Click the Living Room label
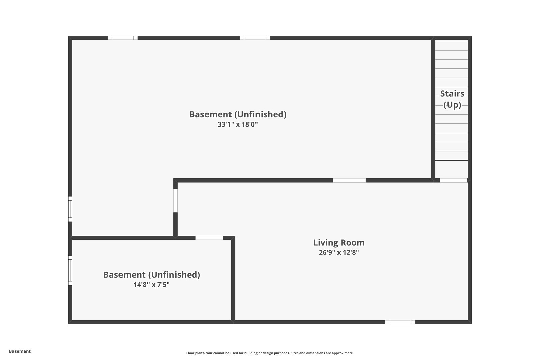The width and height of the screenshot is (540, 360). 339,242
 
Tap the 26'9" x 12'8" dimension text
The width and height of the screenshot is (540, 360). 339,252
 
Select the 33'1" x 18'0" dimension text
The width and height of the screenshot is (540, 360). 238,124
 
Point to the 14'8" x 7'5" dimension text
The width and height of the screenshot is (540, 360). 152,284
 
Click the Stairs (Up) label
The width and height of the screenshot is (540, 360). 452,99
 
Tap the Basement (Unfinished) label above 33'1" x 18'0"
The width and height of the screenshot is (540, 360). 238,114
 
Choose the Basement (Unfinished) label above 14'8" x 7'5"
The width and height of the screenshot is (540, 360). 152,275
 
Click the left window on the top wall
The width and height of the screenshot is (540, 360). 123,38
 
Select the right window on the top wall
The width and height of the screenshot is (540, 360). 255,38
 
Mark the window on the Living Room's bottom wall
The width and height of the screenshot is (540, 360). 400,322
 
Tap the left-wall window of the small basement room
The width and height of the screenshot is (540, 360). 70,270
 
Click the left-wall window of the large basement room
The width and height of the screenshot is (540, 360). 70,209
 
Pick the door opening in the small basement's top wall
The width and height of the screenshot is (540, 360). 209,238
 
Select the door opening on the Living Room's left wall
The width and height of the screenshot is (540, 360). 175,200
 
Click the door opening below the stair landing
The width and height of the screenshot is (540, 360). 454,181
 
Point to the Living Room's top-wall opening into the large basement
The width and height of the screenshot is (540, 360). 349,181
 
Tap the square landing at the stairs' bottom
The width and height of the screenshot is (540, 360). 452,169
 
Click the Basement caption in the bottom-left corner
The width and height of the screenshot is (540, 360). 20,351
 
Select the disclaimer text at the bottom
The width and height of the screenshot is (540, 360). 270,353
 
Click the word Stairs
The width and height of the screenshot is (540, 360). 452,93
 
